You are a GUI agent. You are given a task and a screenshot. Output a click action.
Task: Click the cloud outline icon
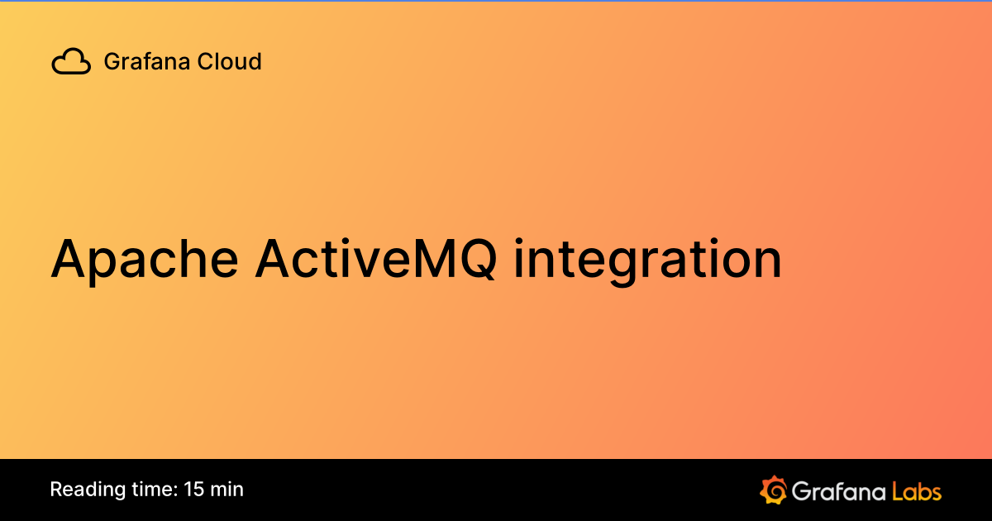point(71,62)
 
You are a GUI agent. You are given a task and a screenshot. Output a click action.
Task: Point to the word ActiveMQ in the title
point(376,259)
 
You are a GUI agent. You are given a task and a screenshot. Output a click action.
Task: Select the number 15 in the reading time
point(195,490)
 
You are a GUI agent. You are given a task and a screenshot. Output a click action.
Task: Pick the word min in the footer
point(227,490)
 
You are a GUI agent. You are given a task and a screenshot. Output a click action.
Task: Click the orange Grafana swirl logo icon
point(773,490)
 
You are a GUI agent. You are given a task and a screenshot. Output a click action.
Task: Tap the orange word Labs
point(916,490)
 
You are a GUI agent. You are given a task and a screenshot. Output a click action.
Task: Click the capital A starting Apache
point(70,259)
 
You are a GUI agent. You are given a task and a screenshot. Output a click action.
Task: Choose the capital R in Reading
point(56,490)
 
